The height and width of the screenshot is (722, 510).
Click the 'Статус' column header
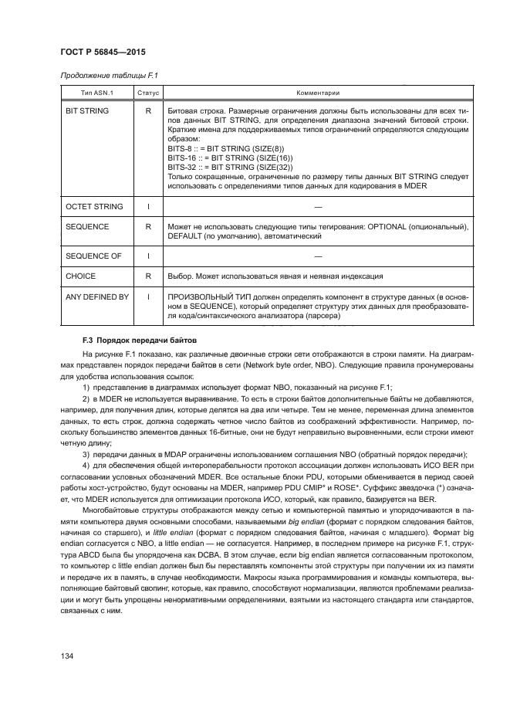click(x=147, y=93)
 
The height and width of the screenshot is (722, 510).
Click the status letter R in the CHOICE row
click(x=147, y=276)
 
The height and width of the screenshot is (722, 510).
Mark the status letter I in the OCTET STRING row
click(x=147, y=207)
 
